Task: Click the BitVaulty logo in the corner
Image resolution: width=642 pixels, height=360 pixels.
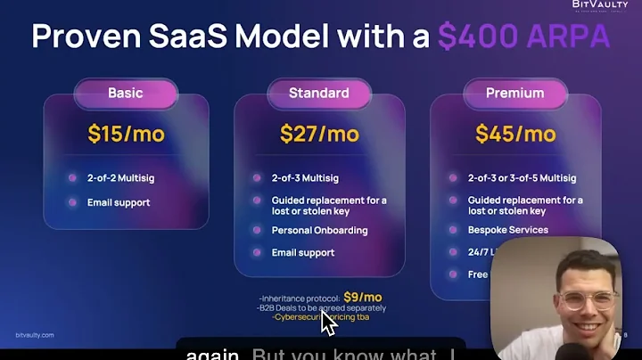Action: click(x=600, y=6)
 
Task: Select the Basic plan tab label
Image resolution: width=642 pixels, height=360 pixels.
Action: click(x=125, y=93)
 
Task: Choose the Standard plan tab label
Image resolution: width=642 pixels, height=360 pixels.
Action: click(x=318, y=93)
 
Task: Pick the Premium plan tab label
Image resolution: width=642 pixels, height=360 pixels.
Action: click(x=514, y=93)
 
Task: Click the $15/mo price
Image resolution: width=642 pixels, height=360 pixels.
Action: click(x=125, y=134)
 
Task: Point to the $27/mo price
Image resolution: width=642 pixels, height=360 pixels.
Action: click(x=318, y=134)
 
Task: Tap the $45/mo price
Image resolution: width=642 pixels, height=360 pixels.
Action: click(x=514, y=134)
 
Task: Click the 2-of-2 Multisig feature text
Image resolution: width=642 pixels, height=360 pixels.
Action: click(x=120, y=178)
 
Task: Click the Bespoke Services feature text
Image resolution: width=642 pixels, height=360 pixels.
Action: click(x=508, y=230)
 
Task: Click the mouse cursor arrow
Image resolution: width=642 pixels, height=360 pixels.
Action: click(x=328, y=323)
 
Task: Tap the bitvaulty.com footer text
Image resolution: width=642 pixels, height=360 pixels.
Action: click(x=35, y=336)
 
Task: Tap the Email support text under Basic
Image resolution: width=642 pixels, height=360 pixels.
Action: click(x=119, y=202)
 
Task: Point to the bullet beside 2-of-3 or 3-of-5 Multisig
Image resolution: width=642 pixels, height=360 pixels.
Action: click(x=454, y=178)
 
